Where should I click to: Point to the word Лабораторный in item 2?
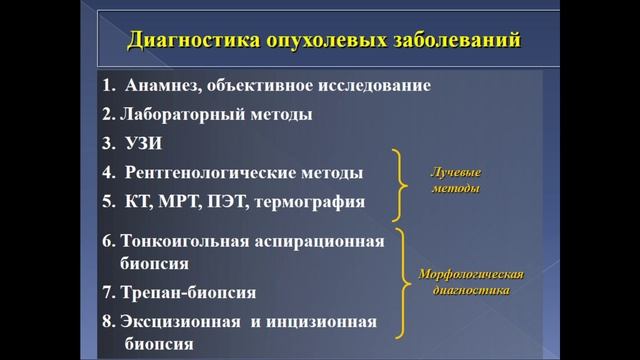tap(180, 114)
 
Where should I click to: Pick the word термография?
tap(315, 201)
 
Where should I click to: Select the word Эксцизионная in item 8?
tap(181, 322)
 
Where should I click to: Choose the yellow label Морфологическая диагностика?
tap(470, 281)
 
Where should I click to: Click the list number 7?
tap(107, 293)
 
